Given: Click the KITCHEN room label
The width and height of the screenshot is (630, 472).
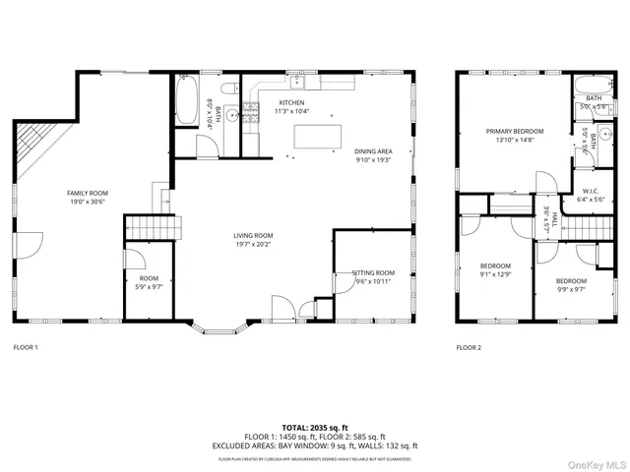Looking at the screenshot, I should (291, 102).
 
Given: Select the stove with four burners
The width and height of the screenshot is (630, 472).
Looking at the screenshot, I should (250, 113).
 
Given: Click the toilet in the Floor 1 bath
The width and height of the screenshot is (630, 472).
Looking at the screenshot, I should (228, 89).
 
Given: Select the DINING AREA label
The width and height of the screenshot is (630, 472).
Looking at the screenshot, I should (373, 151).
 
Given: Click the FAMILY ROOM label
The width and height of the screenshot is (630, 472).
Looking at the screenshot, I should (87, 193).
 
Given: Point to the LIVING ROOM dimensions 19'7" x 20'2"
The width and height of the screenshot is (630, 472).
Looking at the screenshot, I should (253, 244).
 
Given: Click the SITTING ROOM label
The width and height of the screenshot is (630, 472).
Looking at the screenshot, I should (373, 272).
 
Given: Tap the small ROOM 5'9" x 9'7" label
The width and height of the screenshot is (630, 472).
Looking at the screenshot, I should (149, 278).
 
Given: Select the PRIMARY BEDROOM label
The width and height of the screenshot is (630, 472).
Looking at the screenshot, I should (514, 131).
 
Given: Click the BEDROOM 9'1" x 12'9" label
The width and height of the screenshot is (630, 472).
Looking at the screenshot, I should (495, 265).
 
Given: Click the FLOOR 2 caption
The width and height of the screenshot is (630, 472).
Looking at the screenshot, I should (469, 348).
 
